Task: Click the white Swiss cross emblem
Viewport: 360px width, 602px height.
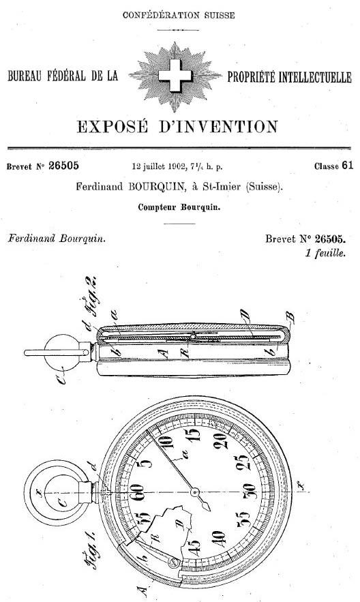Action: pos(175,75)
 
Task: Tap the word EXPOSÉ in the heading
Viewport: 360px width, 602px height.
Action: pos(112,127)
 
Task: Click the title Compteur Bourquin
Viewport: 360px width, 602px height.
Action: pos(179,207)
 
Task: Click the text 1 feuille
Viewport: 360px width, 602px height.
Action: pos(325,253)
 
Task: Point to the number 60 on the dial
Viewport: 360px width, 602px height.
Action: pos(137,492)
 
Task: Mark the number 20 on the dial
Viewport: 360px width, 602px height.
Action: pos(220,440)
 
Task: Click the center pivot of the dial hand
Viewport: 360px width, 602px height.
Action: pos(195,492)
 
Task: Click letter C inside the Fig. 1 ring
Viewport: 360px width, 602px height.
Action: pos(62,502)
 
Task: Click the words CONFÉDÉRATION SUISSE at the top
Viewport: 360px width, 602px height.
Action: pos(179,16)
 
